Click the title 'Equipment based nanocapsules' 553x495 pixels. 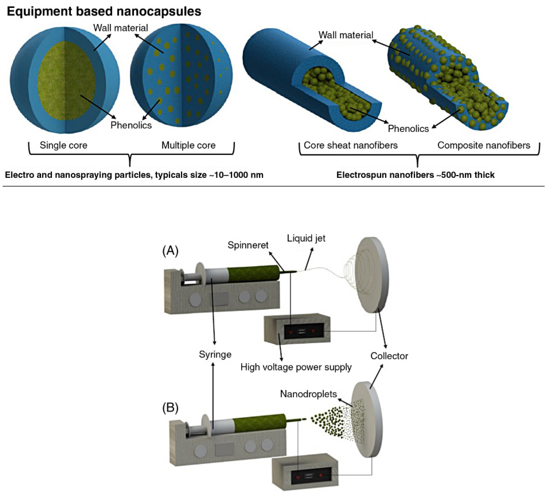104,11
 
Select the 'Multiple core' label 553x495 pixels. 188,145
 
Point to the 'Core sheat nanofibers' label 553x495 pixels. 350,145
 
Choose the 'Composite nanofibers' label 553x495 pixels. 483,145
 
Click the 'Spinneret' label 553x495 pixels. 248,245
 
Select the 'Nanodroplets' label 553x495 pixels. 308,394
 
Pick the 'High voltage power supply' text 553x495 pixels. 296,367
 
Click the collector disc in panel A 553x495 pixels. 374,275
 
